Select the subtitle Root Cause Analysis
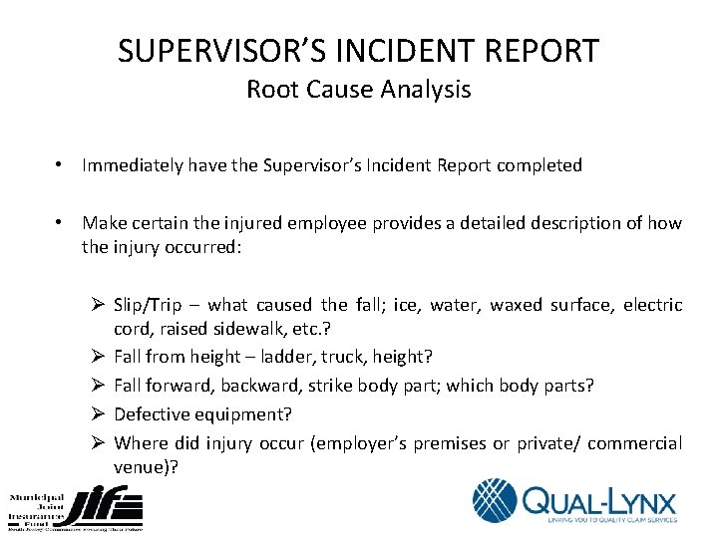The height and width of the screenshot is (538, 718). pyautogui.click(x=358, y=90)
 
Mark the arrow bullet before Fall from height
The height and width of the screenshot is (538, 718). pyautogui.click(x=98, y=357)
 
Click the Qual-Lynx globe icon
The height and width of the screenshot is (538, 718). pyautogui.click(x=496, y=500)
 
